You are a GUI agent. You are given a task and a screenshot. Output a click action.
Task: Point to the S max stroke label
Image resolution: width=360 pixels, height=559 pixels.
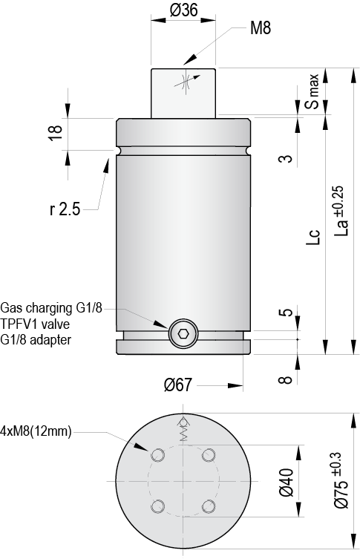[x=313, y=93]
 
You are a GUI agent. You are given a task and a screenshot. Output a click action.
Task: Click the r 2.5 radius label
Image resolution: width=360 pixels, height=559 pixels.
[x=65, y=210]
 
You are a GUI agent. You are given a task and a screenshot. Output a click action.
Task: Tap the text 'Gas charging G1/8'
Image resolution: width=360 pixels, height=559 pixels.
[x=51, y=307]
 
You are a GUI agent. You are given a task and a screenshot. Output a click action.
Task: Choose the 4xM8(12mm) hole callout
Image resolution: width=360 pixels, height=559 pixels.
[x=36, y=431]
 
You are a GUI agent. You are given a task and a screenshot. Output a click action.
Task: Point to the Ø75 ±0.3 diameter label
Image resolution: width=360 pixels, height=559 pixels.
[x=341, y=480]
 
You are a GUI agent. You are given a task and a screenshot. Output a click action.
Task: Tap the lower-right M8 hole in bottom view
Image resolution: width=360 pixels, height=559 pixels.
[x=209, y=506]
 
